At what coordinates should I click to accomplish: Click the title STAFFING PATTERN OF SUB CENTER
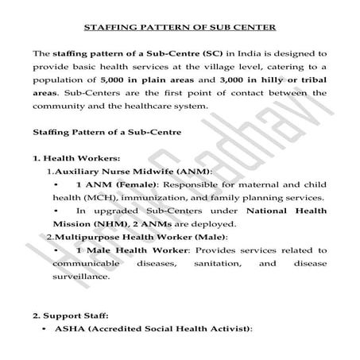[x=180, y=28]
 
